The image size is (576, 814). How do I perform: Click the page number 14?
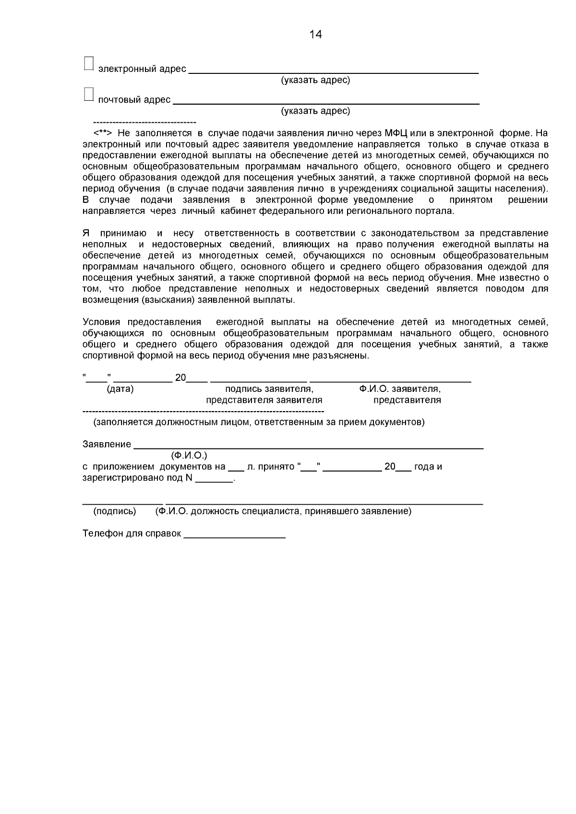coord(316,35)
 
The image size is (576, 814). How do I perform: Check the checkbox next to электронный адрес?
coord(89,63)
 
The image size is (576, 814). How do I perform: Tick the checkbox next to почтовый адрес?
coord(89,94)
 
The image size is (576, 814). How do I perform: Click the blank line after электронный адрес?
coord(333,71)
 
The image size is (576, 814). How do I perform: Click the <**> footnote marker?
coord(103,133)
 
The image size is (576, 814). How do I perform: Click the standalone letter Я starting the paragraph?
coord(86,234)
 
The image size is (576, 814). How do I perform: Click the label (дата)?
coord(120,389)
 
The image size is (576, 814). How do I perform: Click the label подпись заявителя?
coord(269,389)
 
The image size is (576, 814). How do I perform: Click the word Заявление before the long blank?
coord(107,445)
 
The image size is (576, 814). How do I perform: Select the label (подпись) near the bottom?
coord(114,511)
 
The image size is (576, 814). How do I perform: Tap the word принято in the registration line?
coord(276,467)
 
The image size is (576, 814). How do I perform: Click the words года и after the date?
coord(428,467)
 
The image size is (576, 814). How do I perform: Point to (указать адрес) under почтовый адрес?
coord(315,111)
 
